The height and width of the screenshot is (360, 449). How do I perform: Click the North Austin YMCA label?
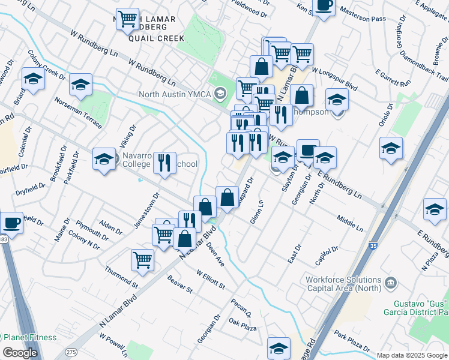(175, 94)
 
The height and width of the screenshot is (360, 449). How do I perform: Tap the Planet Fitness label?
(28, 337)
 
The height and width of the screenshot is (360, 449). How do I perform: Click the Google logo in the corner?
(20, 352)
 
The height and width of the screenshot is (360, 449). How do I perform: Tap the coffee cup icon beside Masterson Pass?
(324, 6)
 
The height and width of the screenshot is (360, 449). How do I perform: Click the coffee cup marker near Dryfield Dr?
(11, 224)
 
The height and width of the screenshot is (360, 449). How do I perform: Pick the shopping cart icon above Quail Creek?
(127, 20)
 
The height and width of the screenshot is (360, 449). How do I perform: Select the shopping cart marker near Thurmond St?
(142, 260)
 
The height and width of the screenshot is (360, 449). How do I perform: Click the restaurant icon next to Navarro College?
(163, 163)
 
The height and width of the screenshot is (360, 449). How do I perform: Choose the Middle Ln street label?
(350, 224)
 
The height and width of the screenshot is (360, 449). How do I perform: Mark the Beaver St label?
(179, 285)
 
